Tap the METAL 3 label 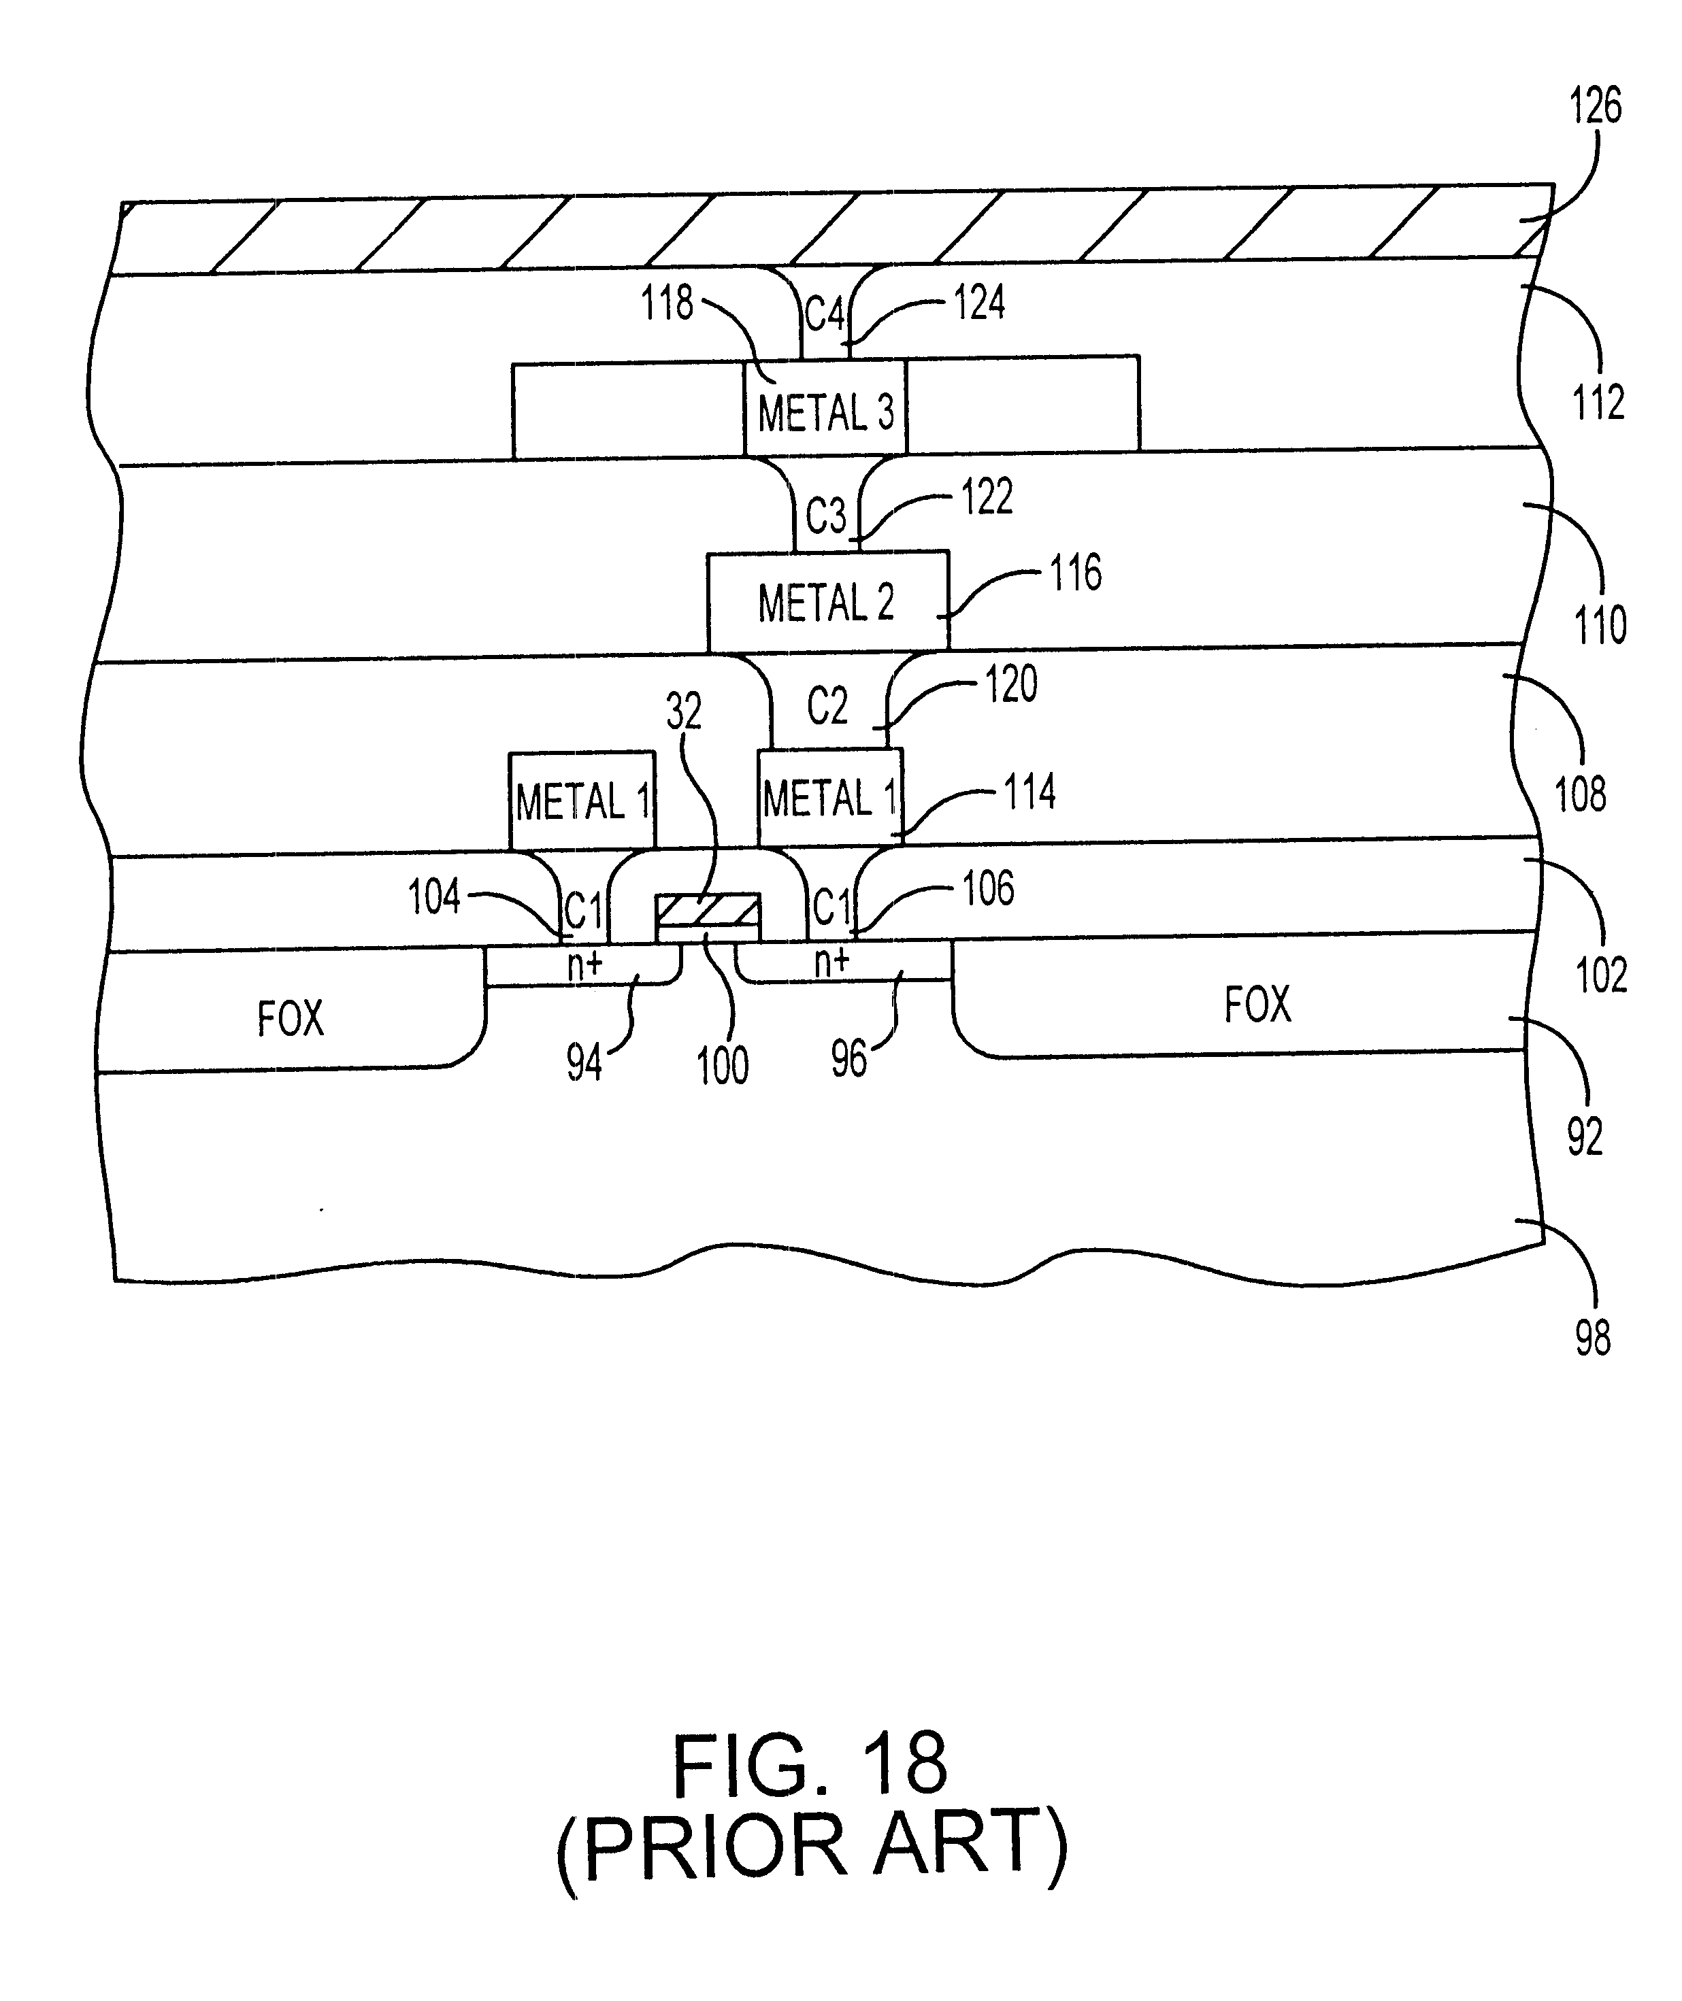click(826, 414)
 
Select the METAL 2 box click(827, 603)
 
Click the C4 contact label click(825, 313)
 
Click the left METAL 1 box click(582, 801)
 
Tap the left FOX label click(291, 1018)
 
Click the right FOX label click(1257, 1005)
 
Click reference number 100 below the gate click(722, 1065)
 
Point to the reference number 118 click(667, 303)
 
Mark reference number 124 click(979, 303)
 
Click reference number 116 click(1076, 573)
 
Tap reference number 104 click(434, 897)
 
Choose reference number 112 click(1598, 402)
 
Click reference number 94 click(584, 1062)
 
